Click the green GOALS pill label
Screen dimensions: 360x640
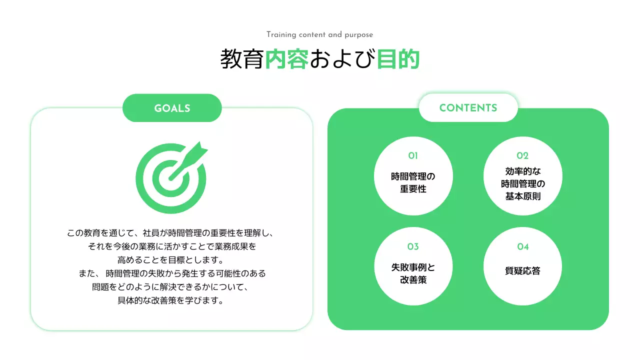tap(172, 108)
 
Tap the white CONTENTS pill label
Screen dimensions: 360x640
tap(468, 108)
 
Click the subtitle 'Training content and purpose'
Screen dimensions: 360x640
tap(319, 34)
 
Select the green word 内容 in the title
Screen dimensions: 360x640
tap(286, 59)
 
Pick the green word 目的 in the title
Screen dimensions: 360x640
tap(398, 59)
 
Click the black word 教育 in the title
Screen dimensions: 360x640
tap(242, 59)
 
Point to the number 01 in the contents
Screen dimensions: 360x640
tap(413, 155)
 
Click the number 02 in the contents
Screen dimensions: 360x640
tap(522, 155)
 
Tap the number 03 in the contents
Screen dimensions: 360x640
tap(413, 246)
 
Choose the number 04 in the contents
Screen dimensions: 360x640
tap(522, 246)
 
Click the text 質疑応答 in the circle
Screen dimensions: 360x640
tap(522, 271)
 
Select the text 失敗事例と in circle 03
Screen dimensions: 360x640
tap(413, 267)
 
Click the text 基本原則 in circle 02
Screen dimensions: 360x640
tap(522, 196)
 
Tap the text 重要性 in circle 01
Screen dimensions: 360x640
tap(413, 189)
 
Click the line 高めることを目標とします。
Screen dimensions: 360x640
tap(170, 260)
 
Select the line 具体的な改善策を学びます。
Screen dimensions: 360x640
tap(170, 301)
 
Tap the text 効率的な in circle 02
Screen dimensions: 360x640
tap(522, 171)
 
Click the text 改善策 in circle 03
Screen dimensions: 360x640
tap(413, 280)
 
